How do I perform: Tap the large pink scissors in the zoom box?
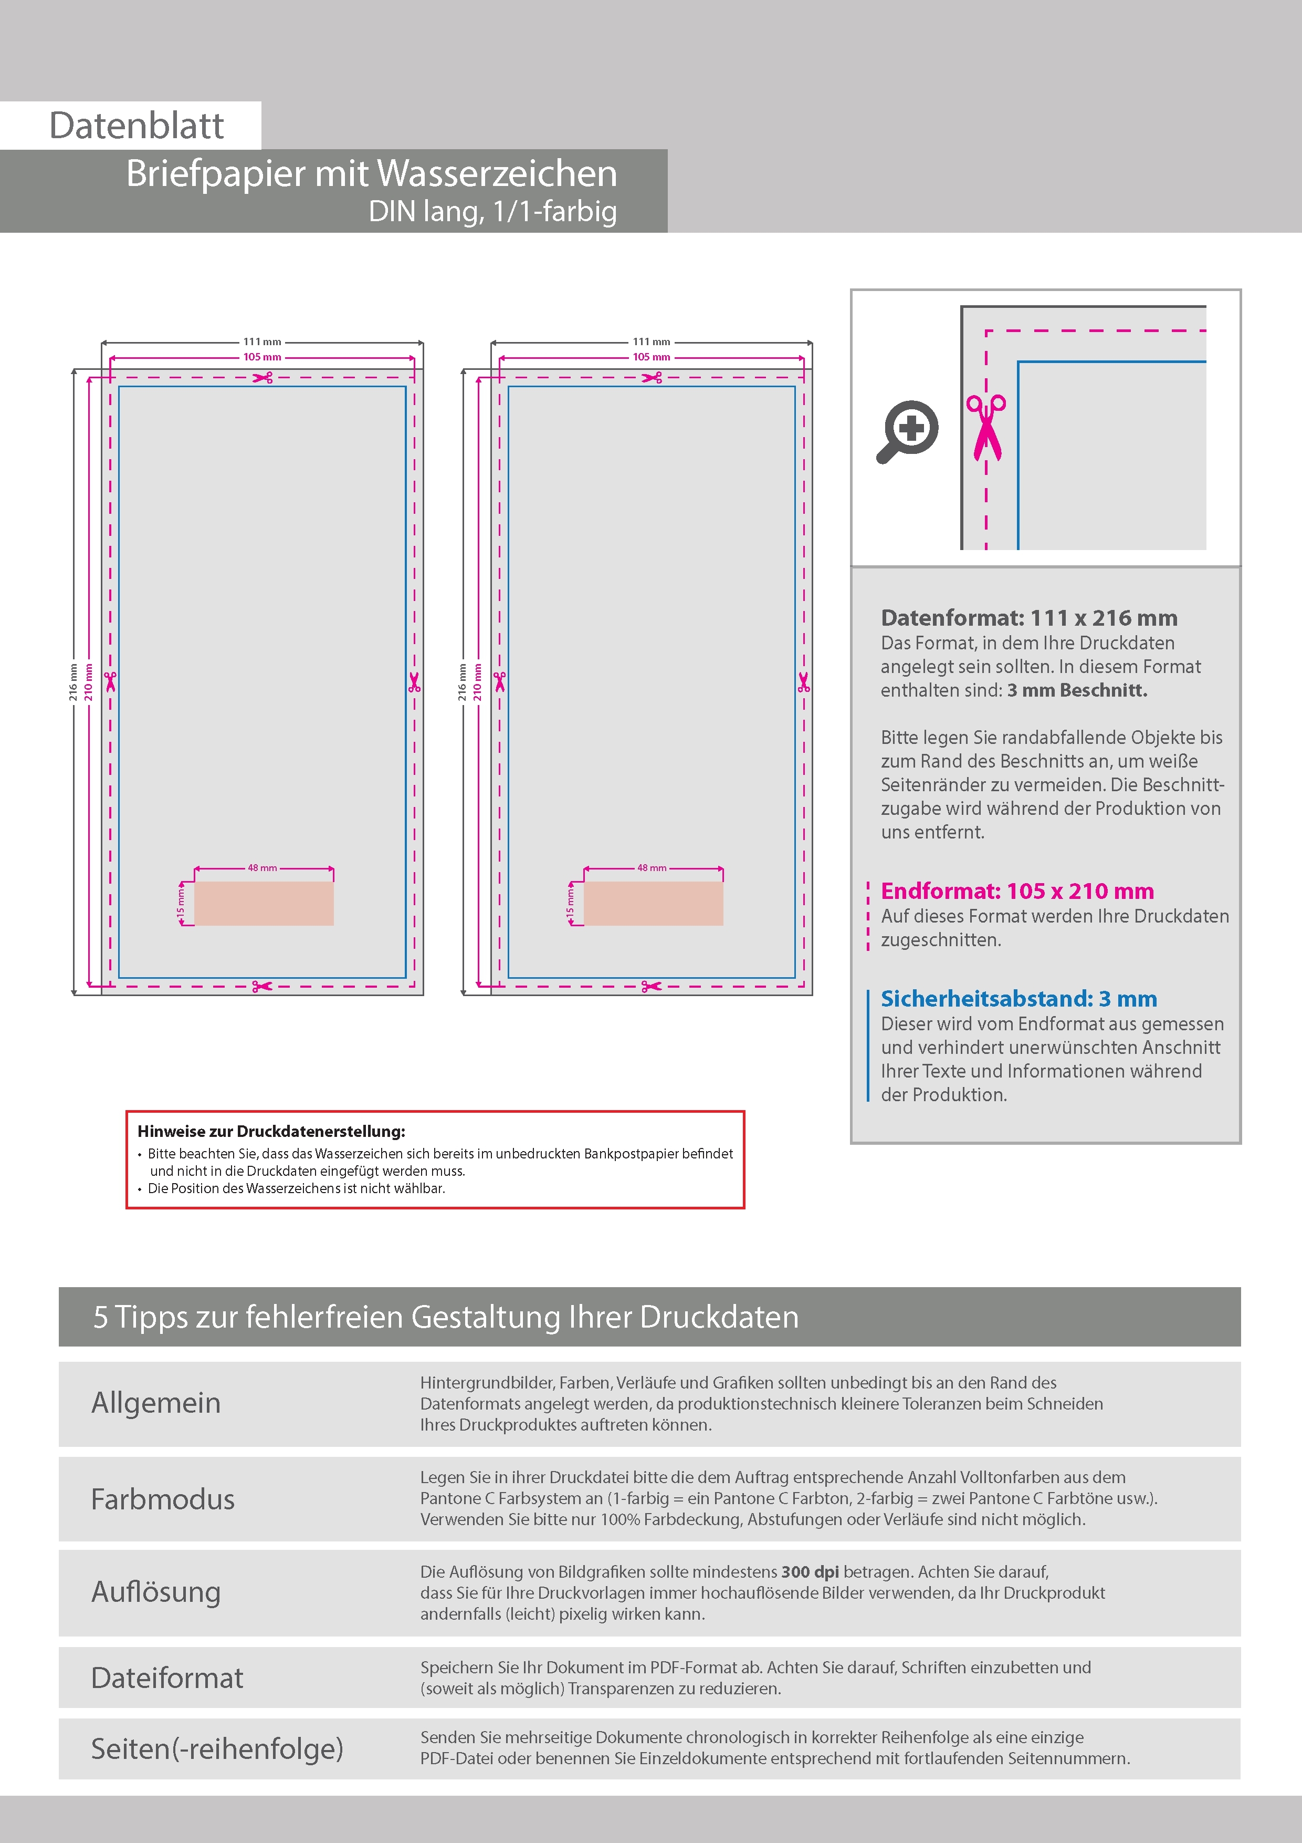[986, 429]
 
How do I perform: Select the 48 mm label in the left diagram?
[262, 868]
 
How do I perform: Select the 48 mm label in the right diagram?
[652, 868]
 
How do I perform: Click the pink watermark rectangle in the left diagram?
[264, 904]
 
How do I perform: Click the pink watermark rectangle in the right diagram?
[653, 904]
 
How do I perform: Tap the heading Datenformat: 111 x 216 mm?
[1028, 618]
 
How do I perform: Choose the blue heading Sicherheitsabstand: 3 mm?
[1019, 999]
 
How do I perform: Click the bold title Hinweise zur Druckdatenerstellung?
[271, 1132]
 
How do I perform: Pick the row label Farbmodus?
[163, 1499]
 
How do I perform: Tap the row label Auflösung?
[156, 1592]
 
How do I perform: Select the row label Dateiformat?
[167, 1678]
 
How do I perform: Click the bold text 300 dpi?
[810, 1572]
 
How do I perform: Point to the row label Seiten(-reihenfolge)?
[217, 1748]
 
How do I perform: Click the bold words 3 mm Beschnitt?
[1077, 690]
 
